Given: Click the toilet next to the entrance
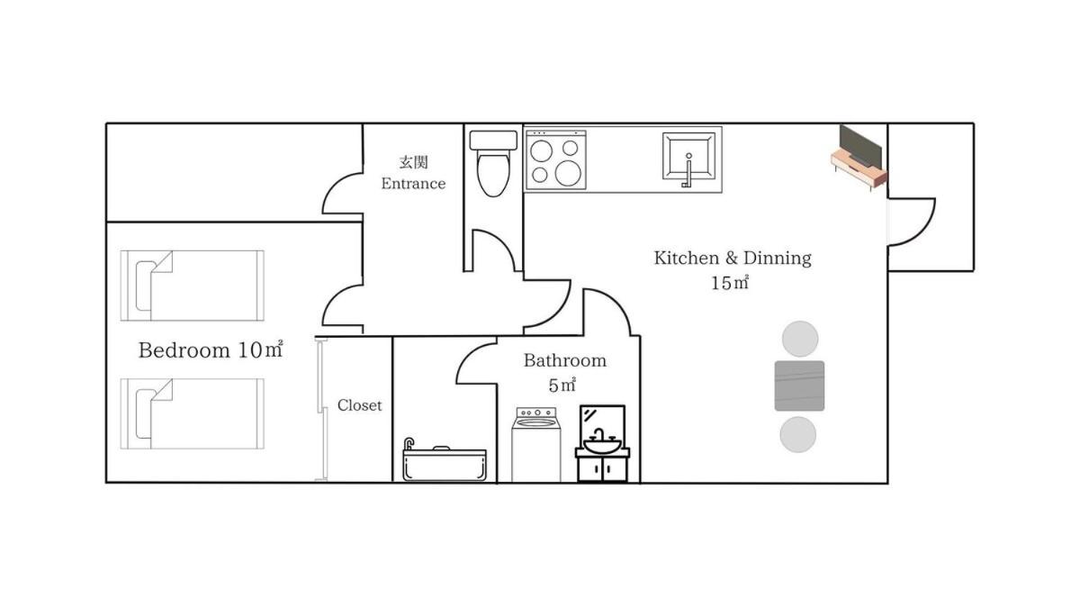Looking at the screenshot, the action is tap(493, 163).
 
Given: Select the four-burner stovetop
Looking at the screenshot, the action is tap(556, 159).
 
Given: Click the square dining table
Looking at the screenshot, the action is tap(799, 386).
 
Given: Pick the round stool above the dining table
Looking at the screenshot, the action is tap(800, 339).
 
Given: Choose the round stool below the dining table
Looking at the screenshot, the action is tap(798, 435).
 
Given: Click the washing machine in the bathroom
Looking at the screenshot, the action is tap(536, 444).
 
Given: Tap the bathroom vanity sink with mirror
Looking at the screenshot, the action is tap(602, 443).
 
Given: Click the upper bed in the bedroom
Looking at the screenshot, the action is tap(193, 286).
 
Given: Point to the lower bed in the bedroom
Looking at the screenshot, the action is tap(193, 414).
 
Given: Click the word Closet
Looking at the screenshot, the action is tap(359, 405).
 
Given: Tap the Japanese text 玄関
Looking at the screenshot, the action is tap(414, 162).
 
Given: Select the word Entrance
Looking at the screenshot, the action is tap(413, 184).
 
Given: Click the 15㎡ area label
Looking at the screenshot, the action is tap(730, 283).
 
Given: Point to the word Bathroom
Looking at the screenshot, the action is tap(565, 360).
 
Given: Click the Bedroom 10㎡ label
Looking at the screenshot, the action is tap(211, 349).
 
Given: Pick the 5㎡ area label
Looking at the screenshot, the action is tap(562, 386).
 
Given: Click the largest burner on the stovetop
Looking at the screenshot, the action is tap(568, 173).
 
